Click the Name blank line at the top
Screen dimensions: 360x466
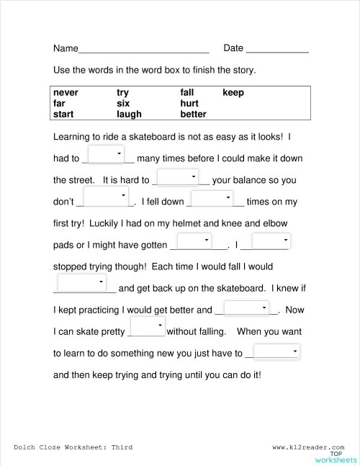coord(143,50)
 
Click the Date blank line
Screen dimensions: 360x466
coord(277,50)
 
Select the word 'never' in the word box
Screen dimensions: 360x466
coord(66,93)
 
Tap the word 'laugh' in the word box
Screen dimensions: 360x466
coord(129,114)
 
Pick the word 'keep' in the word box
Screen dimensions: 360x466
coord(233,93)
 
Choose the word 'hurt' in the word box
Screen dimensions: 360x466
coord(189,103)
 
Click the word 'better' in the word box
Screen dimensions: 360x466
coord(193,114)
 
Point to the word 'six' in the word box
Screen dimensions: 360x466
coord(122,103)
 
